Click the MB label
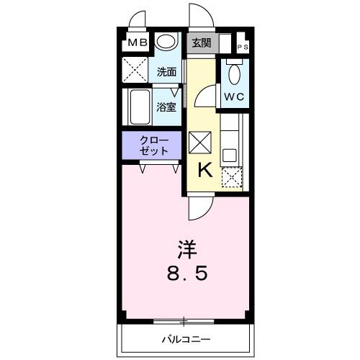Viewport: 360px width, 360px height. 138,43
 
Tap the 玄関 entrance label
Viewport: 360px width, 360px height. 201,42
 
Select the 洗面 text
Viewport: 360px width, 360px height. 167,72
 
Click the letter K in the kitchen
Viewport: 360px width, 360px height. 204,170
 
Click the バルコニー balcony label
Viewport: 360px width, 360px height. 184,338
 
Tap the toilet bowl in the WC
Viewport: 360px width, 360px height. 233,73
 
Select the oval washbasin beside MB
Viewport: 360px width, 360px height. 167,42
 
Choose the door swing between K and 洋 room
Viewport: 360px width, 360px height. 198,208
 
